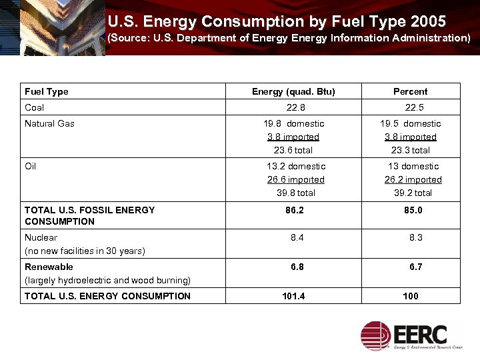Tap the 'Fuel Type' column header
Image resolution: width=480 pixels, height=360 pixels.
(x=46, y=91)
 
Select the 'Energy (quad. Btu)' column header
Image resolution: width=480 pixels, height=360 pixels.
(x=293, y=91)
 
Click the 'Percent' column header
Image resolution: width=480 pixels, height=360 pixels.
(x=410, y=91)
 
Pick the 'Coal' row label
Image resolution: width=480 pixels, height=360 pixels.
(x=34, y=107)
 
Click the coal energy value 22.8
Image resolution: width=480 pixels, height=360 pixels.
(x=295, y=107)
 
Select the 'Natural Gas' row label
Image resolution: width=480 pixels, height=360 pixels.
(x=49, y=123)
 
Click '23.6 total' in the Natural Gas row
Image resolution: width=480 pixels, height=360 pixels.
(x=293, y=150)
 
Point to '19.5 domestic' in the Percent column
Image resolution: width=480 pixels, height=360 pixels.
(x=411, y=123)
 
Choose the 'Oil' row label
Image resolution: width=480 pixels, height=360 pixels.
(x=31, y=166)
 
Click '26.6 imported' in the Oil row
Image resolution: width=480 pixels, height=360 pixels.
(x=295, y=179)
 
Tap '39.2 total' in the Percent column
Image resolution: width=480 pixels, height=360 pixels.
(x=411, y=193)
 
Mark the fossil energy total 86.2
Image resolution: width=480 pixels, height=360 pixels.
(x=294, y=210)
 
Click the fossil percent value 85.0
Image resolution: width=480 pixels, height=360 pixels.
(x=411, y=210)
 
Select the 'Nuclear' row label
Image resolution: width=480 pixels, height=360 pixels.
(x=41, y=237)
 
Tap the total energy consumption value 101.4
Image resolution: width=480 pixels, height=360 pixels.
(x=293, y=296)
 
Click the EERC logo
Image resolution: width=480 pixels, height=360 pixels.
(x=413, y=335)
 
